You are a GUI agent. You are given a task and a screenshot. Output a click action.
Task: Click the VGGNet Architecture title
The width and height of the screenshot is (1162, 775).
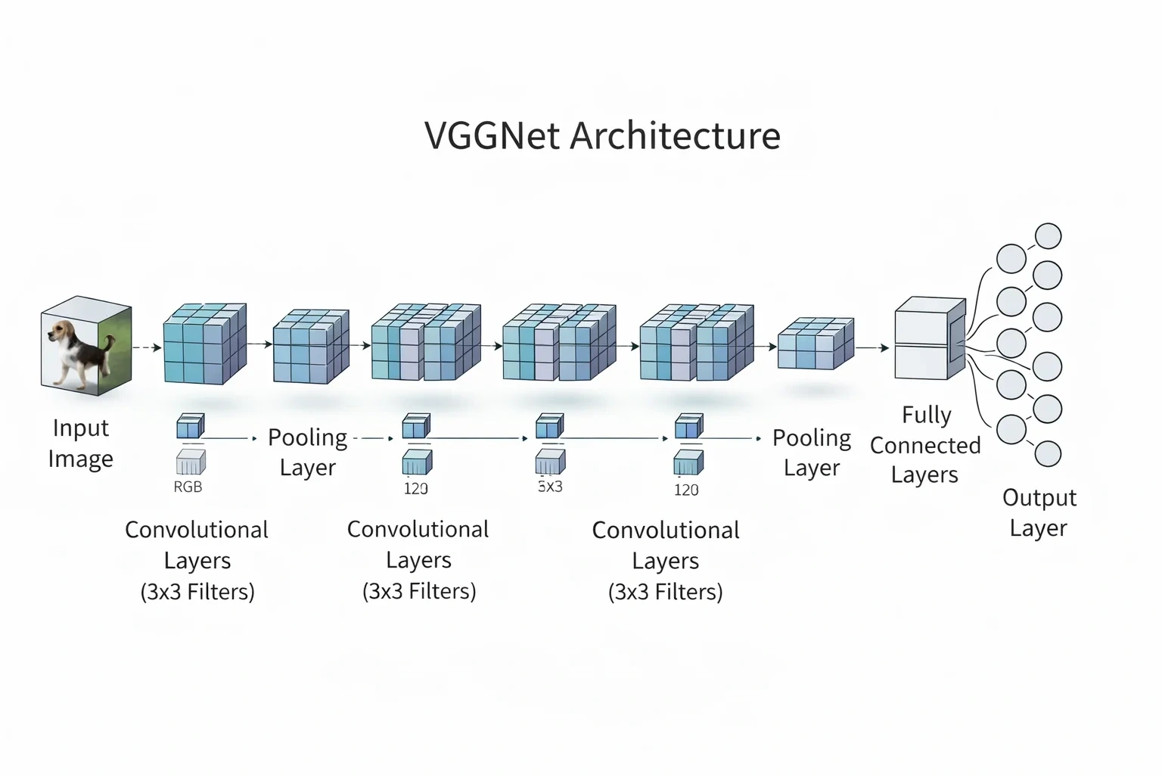pos(602,135)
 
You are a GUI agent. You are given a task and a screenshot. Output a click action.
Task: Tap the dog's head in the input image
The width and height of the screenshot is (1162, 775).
pos(61,331)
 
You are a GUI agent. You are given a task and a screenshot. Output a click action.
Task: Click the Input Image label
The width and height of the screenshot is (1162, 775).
pos(80,444)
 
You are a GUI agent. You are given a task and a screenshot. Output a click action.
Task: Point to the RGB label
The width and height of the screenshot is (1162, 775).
pos(188,487)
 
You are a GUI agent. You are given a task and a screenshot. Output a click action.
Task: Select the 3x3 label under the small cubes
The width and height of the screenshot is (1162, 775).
pos(550,487)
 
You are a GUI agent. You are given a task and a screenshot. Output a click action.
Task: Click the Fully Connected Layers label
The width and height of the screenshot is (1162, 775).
pos(925,445)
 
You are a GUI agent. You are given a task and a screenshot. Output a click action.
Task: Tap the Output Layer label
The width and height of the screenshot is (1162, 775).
pos(1039,513)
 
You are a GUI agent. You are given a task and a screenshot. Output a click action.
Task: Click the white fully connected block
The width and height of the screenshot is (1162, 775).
pos(930,338)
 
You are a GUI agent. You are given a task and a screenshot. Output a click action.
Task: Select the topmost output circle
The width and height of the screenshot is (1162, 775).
pos(1049,236)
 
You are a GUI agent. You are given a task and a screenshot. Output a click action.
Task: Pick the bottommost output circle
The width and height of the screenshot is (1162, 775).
pos(1048,453)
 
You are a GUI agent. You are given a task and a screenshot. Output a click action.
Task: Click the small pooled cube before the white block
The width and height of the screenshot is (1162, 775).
pos(816,343)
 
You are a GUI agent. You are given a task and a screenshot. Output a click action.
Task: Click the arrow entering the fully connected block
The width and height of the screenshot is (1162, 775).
pos(872,348)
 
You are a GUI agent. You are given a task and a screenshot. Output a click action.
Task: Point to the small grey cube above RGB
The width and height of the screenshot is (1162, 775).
pos(191,462)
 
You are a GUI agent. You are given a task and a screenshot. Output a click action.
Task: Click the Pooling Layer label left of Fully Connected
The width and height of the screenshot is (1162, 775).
pos(812,453)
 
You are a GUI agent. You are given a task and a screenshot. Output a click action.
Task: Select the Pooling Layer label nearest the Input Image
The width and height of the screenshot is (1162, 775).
pos(308,452)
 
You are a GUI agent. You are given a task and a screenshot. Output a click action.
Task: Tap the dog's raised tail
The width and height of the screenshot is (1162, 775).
pos(110,343)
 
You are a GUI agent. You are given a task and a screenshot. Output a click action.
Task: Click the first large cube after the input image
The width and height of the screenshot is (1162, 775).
pos(205,344)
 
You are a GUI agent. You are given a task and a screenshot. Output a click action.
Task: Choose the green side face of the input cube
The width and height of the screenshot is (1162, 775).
pos(115,350)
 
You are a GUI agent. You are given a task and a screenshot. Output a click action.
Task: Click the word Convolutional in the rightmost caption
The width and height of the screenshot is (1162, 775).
pos(666,531)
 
